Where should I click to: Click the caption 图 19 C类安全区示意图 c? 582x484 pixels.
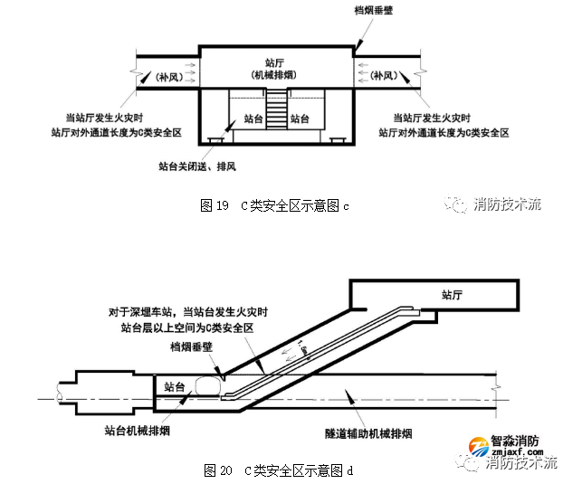coord(273,206)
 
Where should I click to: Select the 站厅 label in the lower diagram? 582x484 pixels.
coord(458,294)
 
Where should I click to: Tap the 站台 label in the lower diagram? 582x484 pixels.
coord(176,386)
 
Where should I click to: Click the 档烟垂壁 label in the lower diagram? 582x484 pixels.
coord(193,346)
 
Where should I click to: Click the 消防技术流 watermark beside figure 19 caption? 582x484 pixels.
coord(506,204)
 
